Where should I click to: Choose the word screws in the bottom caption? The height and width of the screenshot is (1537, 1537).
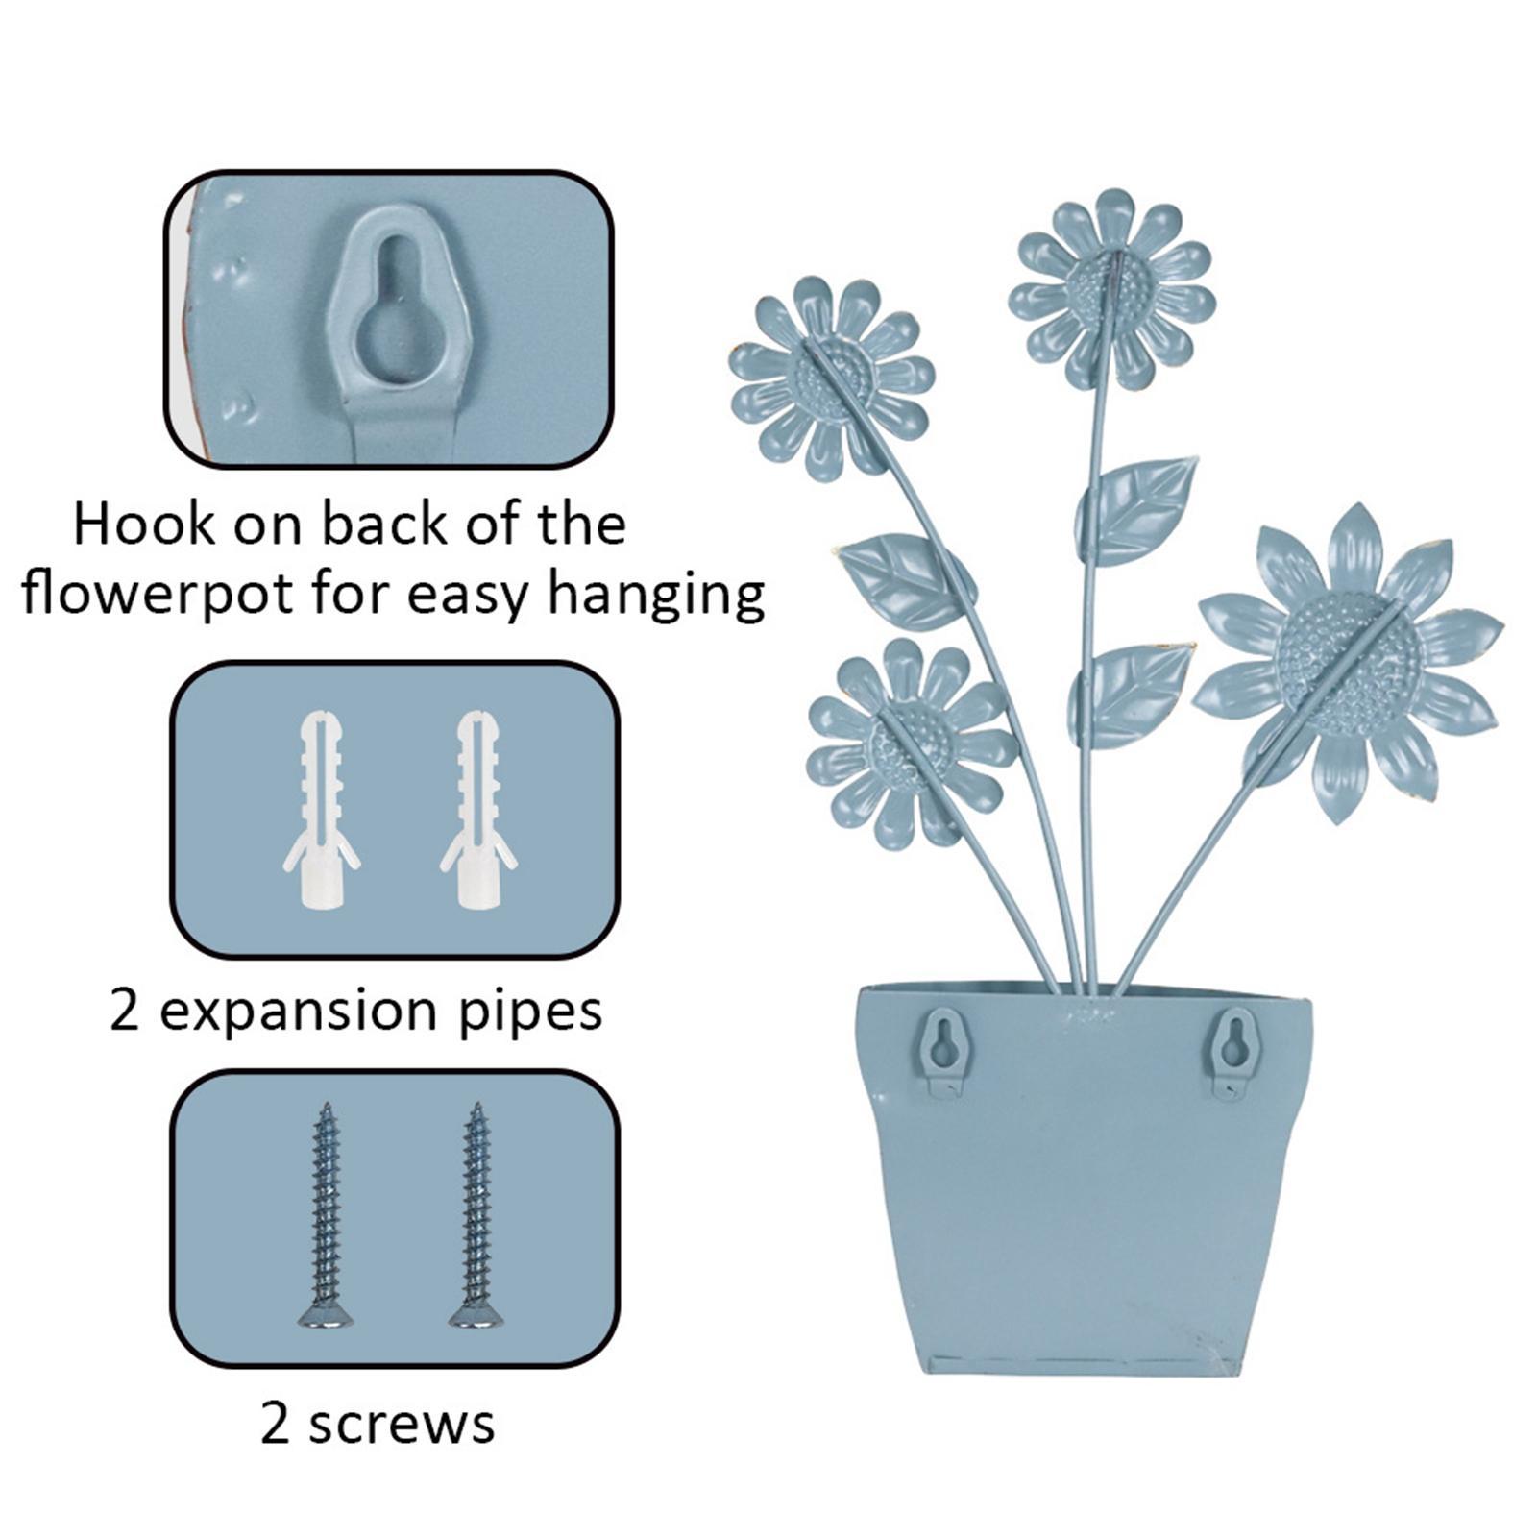tap(402, 1424)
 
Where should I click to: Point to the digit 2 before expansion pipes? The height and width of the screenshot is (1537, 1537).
tap(125, 1011)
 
